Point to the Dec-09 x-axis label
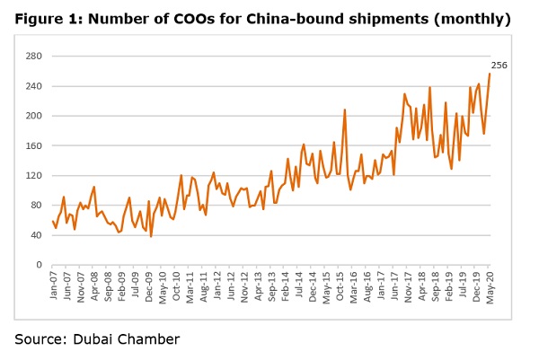pyautogui.click(x=148, y=285)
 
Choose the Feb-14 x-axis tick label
pyautogui.click(x=285, y=285)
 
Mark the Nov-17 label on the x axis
pyautogui.click(x=409, y=285)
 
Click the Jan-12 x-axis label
pyautogui.click(x=216, y=285)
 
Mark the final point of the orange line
pyautogui.click(x=489, y=74)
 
